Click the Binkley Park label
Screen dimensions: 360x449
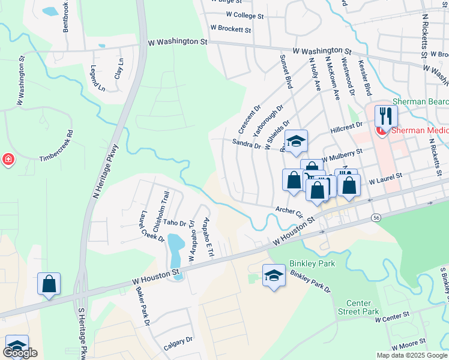click(x=312, y=263)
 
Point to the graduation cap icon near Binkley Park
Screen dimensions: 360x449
click(x=274, y=275)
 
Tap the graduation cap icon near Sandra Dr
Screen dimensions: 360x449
click(x=296, y=142)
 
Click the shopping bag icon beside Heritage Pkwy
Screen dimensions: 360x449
click(x=49, y=284)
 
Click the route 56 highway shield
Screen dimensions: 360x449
click(x=376, y=217)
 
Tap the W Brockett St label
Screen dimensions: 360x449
click(x=231, y=28)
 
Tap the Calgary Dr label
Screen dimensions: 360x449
click(x=178, y=343)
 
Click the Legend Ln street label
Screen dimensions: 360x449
click(x=97, y=79)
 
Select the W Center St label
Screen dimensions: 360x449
click(x=392, y=316)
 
